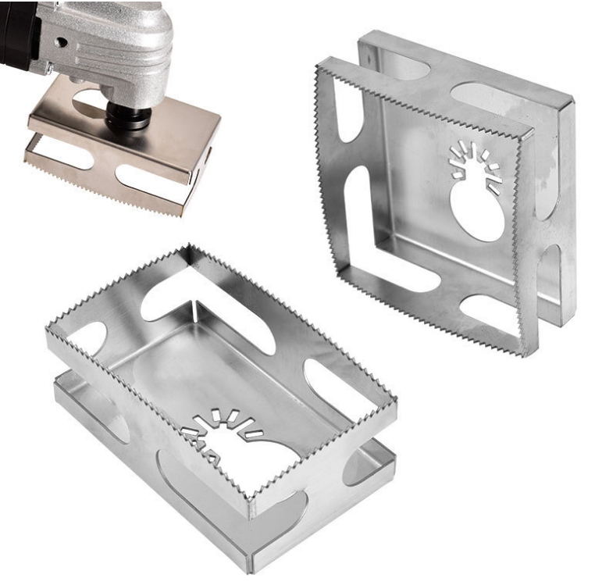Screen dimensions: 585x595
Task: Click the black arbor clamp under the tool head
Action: [128, 116]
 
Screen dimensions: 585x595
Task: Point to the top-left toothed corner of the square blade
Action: [318, 70]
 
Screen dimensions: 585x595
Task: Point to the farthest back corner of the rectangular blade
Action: [188, 248]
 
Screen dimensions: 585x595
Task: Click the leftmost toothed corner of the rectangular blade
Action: [49, 331]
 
